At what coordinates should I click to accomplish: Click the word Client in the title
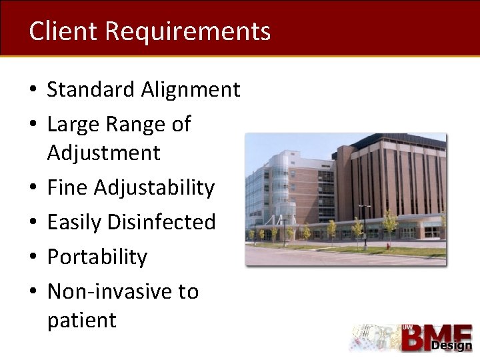(63, 31)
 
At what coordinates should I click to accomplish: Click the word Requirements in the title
(188, 32)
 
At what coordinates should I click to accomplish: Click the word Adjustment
(103, 153)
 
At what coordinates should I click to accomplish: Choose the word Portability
(97, 257)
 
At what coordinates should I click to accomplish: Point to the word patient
(81, 320)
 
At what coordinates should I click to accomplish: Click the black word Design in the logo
(451, 345)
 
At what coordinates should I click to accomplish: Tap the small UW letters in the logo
(407, 327)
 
